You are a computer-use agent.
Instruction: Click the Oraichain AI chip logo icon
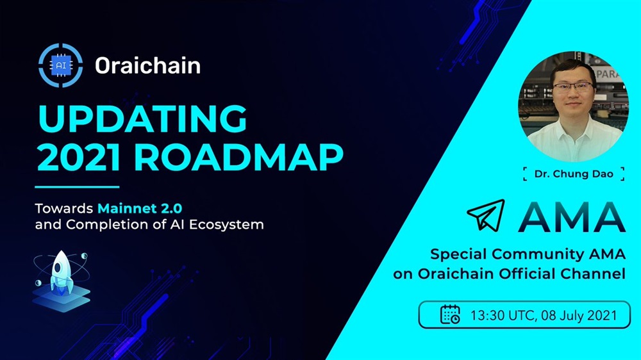pos(60,65)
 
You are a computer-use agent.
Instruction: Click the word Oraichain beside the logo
pos(147,65)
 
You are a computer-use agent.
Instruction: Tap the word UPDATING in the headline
pos(142,119)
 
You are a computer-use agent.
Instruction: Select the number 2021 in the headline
pos(79,158)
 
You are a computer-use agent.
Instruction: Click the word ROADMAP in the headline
pos(238,158)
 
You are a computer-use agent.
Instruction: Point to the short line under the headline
pos(77,187)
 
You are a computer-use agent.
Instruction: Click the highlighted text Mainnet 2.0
pos(139,208)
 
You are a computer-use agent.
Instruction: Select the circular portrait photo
pos(573,106)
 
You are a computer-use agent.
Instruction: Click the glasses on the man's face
pos(572,88)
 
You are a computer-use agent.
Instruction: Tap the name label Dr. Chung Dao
pos(574,174)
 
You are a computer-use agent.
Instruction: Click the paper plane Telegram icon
pos(487,215)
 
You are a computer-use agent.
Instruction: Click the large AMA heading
pos(572,217)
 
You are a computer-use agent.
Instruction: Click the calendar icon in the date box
pos(450,315)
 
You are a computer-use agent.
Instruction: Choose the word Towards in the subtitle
pos(64,208)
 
